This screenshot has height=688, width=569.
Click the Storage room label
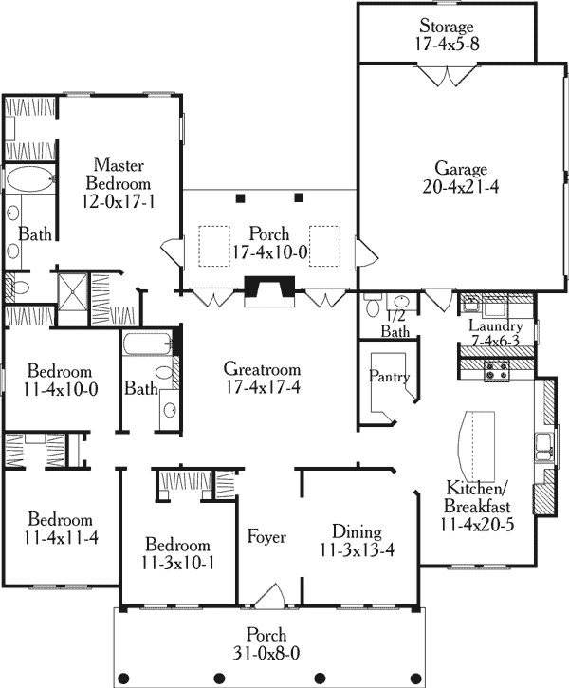click(x=447, y=26)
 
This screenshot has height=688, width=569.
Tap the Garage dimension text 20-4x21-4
click(x=461, y=187)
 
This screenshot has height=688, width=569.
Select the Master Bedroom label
click(x=119, y=175)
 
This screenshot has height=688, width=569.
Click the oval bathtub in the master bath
click(x=29, y=178)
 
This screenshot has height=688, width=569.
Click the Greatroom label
click(x=262, y=368)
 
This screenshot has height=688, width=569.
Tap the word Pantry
click(x=389, y=376)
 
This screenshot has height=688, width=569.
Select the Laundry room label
click(x=496, y=325)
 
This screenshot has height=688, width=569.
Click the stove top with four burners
click(x=496, y=370)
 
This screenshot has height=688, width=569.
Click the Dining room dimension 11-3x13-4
click(x=358, y=549)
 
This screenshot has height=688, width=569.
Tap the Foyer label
click(x=266, y=536)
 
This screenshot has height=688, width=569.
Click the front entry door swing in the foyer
click(x=271, y=596)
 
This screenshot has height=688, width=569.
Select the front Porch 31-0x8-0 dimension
click(x=266, y=654)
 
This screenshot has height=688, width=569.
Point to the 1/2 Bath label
click(x=395, y=324)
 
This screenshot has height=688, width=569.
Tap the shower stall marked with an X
click(x=74, y=291)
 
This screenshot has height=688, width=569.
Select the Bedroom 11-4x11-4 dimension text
click(x=61, y=538)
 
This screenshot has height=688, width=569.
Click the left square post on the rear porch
click(x=240, y=198)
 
